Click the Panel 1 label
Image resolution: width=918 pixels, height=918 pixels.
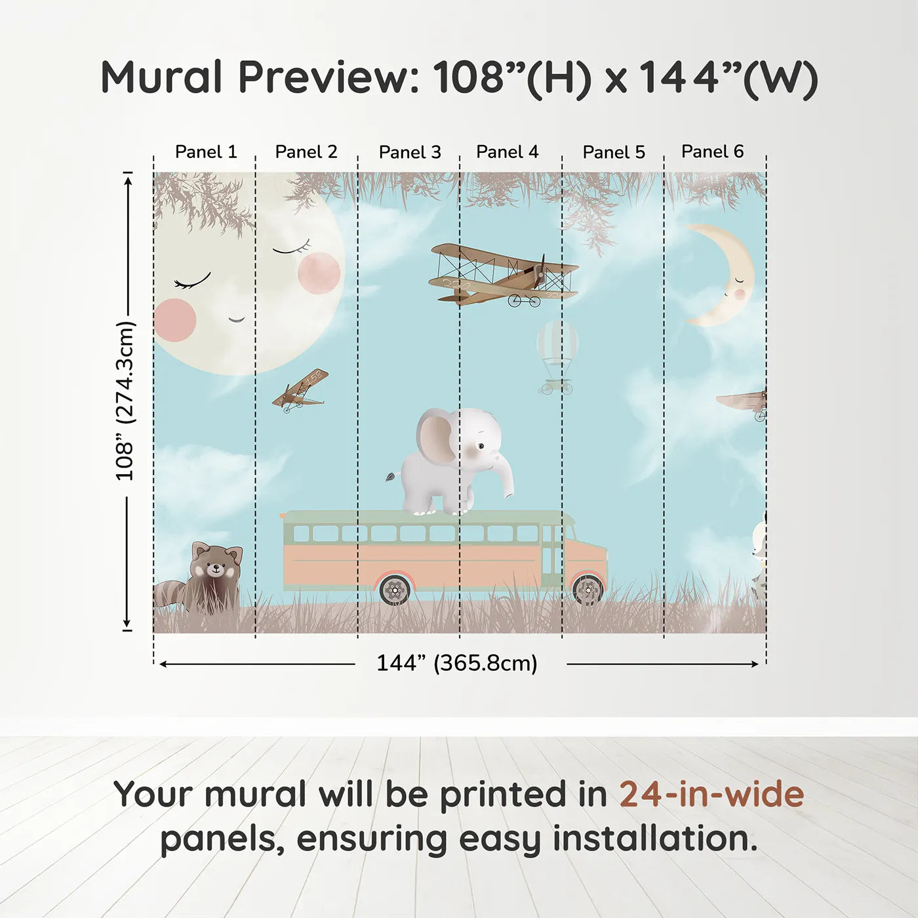pyautogui.click(x=205, y=152)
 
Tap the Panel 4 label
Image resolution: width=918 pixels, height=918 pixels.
pyautogui.click(x=507, y=152)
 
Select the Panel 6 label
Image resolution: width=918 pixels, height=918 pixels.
pyautogui.click(x=712, y=151)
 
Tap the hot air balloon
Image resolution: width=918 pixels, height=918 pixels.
pyautogui.click(x=557, y=354)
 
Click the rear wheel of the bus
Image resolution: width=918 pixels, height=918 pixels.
pyautogui.click(x=395, y=590)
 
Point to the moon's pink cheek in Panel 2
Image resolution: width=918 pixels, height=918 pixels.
pyautogui.click(x=319, y=273)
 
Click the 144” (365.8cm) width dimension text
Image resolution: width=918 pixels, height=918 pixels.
pyautogui.click(x=456, y=664)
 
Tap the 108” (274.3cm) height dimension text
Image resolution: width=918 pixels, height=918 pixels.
pyautogui.click(x=125, y=401)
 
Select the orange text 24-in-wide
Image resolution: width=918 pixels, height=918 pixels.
pyautogui.click(x=711, y=795)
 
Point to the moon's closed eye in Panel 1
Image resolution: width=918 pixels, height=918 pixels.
pyautogui.click(x=192, y=282)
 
